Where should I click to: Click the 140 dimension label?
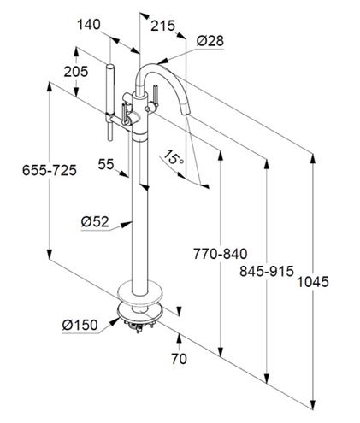[89, 25]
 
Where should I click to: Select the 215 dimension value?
[162, 26]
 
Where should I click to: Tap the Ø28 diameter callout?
[210, 41]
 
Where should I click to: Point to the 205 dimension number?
[76, 72]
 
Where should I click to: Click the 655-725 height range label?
[50, 170]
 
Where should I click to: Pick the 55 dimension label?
[106, 164]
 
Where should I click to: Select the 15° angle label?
[173, 157]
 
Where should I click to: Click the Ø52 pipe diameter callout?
[95, 221]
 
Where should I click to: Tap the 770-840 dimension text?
[220, 254]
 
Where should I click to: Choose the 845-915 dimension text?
[267, 271]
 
